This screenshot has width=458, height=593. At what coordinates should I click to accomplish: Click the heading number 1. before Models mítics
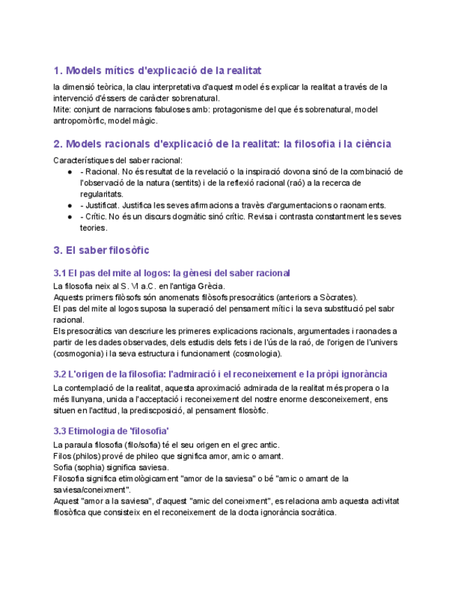[58, 71]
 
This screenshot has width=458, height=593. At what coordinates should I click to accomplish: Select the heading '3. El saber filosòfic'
[101, 250]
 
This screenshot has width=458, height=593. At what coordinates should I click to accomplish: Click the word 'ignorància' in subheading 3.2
[362, 374]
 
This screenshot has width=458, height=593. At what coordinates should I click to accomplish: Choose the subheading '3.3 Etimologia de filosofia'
[111, 430]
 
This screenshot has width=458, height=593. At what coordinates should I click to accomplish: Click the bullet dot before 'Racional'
[70, 171]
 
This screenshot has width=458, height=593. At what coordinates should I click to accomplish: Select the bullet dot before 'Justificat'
[70, 206]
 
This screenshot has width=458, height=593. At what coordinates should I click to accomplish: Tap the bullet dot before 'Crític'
[70, 217]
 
